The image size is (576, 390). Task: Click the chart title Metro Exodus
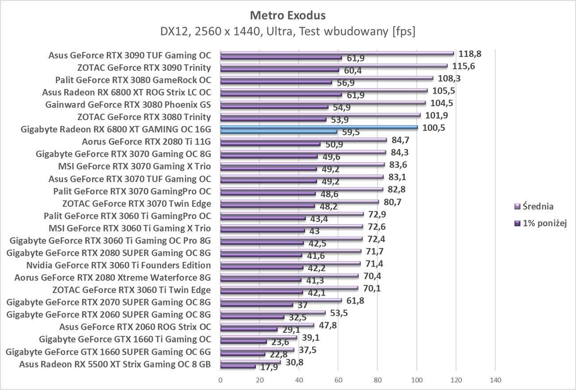click(288, 16)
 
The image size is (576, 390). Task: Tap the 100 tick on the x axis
click(416, 380)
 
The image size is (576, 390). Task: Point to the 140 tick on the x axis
click(495, 380)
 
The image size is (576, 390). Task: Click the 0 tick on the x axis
click(220, 380)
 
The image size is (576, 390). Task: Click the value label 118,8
click(470, 54)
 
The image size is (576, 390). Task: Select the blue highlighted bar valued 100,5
click(319, 127)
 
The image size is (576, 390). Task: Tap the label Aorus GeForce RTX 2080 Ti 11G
click(146, 142)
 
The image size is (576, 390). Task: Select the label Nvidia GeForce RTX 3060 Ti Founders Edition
click(118, 265)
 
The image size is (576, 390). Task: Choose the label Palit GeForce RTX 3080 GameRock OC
click(133, 80)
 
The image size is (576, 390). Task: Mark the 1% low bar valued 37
click(257, 305)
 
